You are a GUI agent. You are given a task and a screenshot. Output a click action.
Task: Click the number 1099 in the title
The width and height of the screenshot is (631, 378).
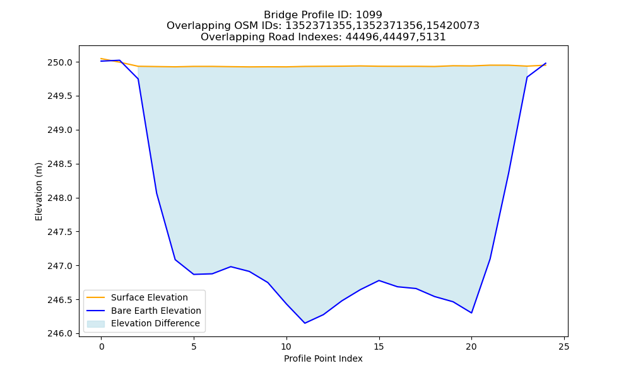pyautogui.click(x=369, y=15)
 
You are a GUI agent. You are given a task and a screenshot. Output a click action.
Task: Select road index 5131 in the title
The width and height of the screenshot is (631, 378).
pyautogui.click(x=433, y=37)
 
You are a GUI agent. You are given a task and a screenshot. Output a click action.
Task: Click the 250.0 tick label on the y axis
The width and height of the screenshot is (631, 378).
pyautogui.click(x=60, y=62)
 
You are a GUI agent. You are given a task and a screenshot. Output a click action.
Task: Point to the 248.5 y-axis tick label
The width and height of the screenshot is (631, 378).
pyautogui.click(x=60, y=164)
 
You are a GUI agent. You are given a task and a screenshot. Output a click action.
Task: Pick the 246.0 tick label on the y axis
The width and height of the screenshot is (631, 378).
pyautogui.click(x=60, y=334)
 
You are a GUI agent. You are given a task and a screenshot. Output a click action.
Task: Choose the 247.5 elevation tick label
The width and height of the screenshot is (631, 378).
pyautogui.click(x=60, y=232)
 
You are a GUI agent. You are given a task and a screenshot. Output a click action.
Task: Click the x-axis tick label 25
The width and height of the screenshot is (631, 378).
pyautogui.click(x=564, y=346)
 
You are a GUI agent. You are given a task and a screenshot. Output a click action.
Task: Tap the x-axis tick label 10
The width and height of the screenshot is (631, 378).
pyautogui.click(x=286, y=346)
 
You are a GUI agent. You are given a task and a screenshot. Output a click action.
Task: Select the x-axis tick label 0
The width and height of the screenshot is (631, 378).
pyautogui.click(x=102, y=346)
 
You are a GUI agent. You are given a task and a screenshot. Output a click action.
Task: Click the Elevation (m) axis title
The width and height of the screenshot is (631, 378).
pyautogui.click(x=38, y=192)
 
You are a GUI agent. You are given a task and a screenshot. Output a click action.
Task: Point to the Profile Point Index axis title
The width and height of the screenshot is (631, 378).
pyautogui.click(x=323, y=358)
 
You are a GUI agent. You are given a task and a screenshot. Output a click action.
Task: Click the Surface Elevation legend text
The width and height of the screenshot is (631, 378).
pyautogui.click(x=150, y=297)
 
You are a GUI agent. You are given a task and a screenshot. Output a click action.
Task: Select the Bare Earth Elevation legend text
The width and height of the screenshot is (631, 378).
pyautogui.click(x=156, y=311)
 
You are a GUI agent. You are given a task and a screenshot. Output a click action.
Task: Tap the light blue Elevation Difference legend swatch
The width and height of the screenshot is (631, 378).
pyautogui.click(x=96, y=324)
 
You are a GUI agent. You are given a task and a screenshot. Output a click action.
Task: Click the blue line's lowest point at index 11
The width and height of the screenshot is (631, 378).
pyautogui.click(x=305, y=323)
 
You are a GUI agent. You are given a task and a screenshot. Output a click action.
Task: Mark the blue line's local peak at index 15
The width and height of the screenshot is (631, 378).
pyautogui.click(x=379, y=280)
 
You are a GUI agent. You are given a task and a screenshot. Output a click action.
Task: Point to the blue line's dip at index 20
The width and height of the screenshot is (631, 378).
pyautogui.click(x=471, y=313)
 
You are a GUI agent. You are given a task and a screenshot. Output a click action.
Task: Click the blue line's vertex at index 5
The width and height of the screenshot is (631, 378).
pyautogui.click(x=194, y=274)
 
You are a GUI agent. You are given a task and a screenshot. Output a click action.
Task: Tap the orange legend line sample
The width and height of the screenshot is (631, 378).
pyautogui.click(x=96, y=297)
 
